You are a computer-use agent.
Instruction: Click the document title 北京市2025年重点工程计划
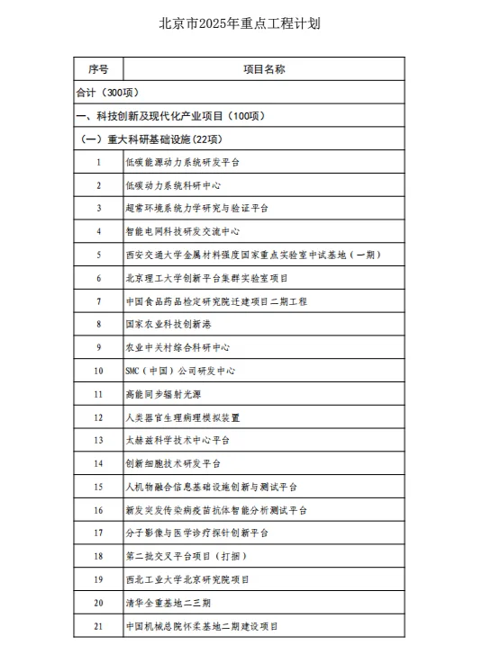pyautogui.click(x=245, y=22)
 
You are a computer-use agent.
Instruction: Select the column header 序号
pyautogui.click(x=98, y=68)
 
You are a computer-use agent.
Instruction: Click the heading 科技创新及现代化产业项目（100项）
pyautogui.click(x=170, y=115)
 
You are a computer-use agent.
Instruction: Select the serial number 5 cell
pyautogui.click(x=98, y=255)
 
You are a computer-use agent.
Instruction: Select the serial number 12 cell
pyautogui.click(x=98, y=417)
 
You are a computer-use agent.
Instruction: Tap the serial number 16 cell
pyautogui.click(x=98, y=509)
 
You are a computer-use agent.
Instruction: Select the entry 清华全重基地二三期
pyautogui.click(x=168, y=602)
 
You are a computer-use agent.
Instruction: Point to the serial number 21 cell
pyautogui.click(x=98, y=625)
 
